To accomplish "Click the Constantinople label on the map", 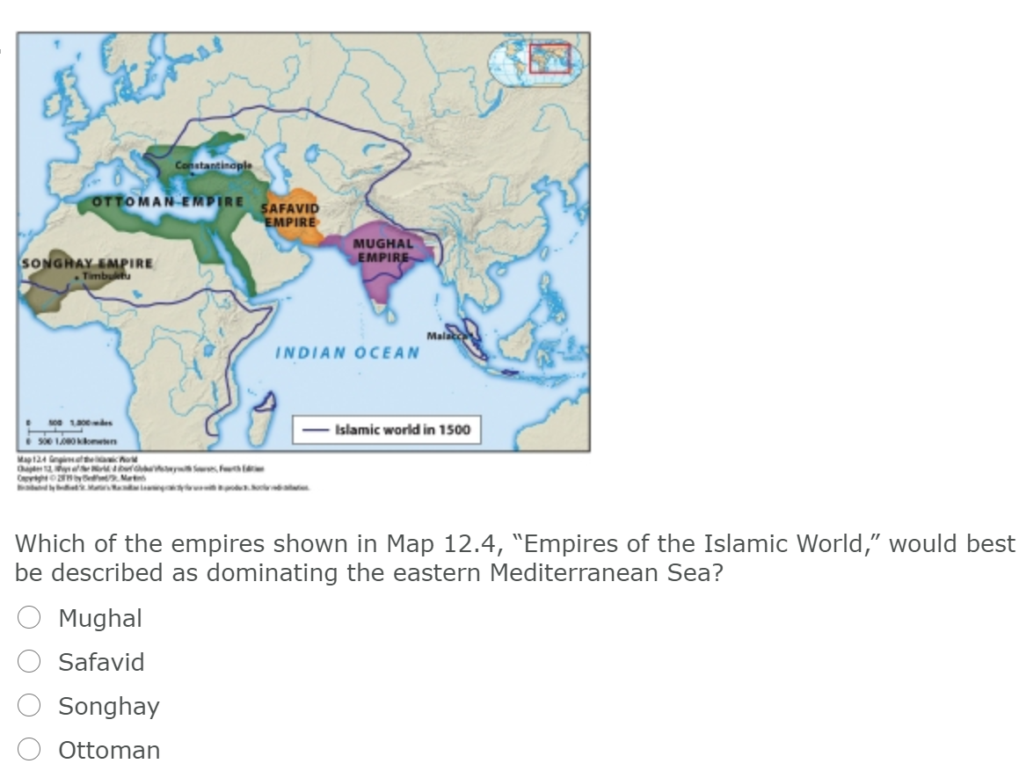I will tap(214, 165).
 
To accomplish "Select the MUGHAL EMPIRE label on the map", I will tap(382, 249).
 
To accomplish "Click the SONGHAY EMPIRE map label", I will tap(87, 263).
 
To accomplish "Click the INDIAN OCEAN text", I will tap(348, 353).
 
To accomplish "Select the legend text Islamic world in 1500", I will tap(402, 430).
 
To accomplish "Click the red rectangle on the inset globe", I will tap(550, 58).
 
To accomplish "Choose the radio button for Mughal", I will tap(30, 619).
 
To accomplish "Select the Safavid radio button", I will tap(30, 663).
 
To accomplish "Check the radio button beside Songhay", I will tap(30, 707).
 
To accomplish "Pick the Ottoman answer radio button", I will tap(30, 751).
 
